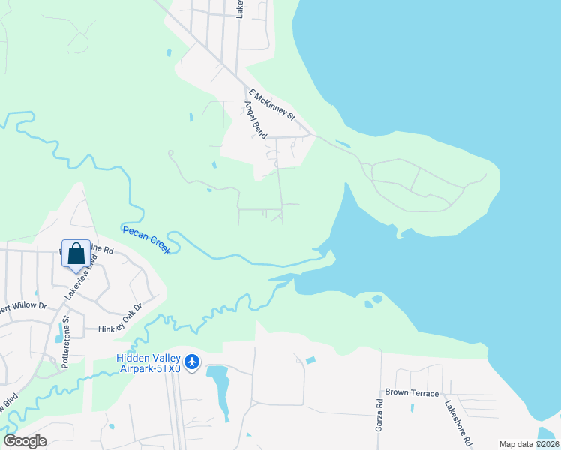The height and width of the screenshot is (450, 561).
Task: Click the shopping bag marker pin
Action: tap(76, 253)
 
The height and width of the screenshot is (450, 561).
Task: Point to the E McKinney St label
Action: tap(273, 106)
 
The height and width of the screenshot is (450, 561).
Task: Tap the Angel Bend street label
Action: tap(256, 119)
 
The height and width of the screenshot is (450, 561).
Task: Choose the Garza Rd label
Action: tap(380, 414)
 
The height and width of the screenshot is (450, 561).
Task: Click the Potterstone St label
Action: tap(66, 329)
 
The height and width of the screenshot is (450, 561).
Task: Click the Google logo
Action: tap(25, 440)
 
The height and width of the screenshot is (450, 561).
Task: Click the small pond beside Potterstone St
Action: tap(59, 331)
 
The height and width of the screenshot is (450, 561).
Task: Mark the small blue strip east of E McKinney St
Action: tap(343, 143)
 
